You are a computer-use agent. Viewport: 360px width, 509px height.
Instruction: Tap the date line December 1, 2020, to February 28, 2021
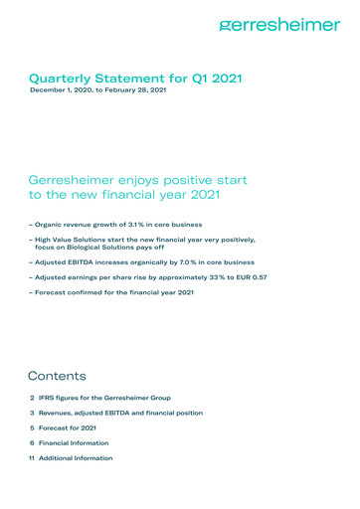[x=97, y=90]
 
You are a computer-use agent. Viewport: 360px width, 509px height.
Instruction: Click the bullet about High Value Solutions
[x=143, y=241]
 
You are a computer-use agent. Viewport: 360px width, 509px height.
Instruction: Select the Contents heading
[x=57, y=377]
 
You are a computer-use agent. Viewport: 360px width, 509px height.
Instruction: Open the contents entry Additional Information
[x=76, y=457]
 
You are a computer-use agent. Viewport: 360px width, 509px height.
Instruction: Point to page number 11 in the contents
[x=32, y=457]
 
